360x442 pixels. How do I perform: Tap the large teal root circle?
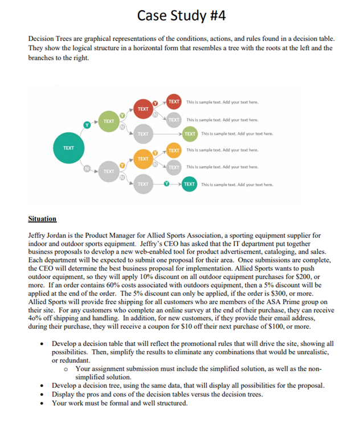[x=68, y=148]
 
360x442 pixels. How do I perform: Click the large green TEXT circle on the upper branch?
[x=109, y=121]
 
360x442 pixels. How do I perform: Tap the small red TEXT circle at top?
[x=174, y=102]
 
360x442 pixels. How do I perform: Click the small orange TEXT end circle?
[x=174, y=150]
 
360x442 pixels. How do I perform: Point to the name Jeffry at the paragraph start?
[x=37, y=235]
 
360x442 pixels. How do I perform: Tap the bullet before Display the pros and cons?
[x=40, y=394]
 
